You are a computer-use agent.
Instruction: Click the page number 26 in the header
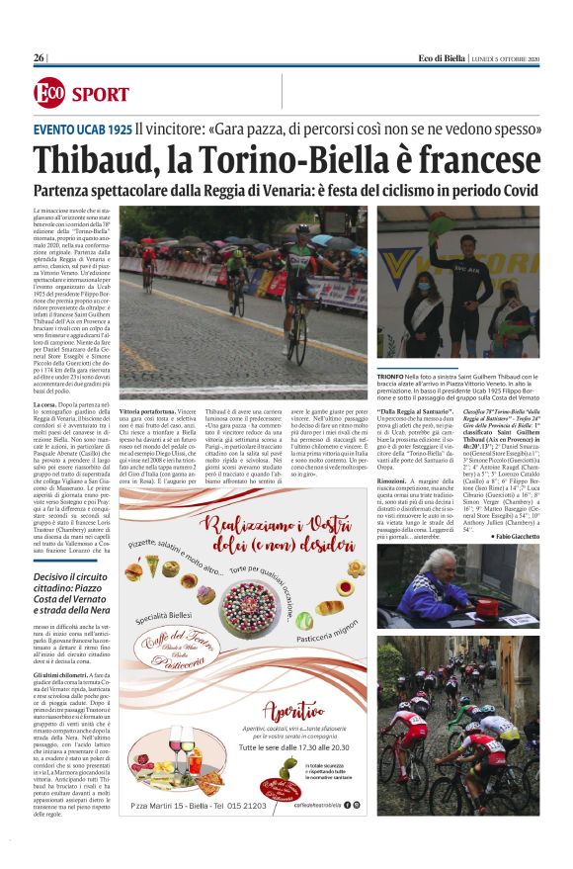(x=39, y=58)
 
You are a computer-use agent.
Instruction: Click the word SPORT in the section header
(x=100, y=95)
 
